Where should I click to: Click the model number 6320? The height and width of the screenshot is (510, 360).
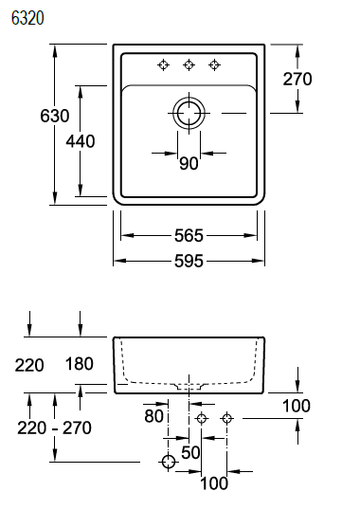[27, 18]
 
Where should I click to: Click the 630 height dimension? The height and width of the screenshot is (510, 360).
[55, 116]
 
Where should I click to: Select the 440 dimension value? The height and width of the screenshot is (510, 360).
[81, 141]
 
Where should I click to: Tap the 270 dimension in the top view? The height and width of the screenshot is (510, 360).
[297, 79]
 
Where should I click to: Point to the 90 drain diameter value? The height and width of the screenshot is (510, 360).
[189, 163]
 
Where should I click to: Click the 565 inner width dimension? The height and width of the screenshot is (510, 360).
[189, 235]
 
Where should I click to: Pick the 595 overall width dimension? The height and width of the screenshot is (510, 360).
[189, 261]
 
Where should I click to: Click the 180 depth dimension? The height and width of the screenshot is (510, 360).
[80, 364]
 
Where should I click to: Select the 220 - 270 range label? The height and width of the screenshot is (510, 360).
[54, 428]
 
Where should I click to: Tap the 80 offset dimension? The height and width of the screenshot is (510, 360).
[154, 416]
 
